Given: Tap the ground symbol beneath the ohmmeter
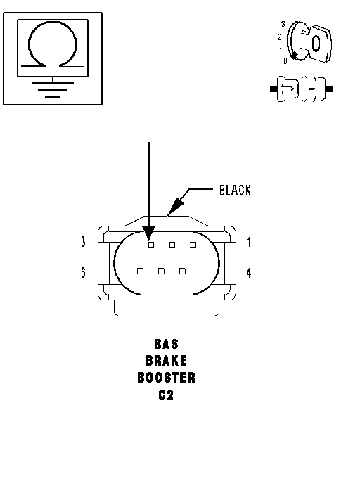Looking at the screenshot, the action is click(53, 89).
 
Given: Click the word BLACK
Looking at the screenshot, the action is click(235, 190).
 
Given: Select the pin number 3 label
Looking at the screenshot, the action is click(83, 242).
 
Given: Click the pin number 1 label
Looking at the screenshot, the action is click(249, 242).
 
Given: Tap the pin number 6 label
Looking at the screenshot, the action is click(83, 272).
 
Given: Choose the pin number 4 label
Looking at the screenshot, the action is click(249, 272).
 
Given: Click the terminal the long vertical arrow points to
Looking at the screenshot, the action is click(151, 245).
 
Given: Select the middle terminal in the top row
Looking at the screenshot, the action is click(172, 245).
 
